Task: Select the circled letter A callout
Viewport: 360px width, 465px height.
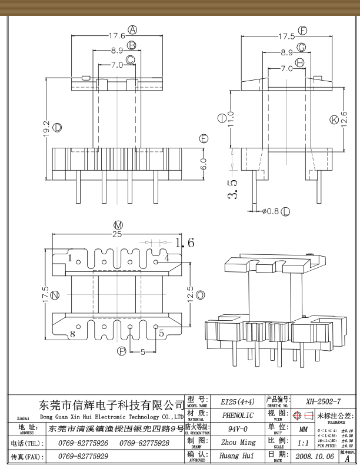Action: click(132, 29)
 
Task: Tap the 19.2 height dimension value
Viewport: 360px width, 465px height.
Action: click(45, 129)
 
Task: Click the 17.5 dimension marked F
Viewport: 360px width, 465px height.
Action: click(287, 36)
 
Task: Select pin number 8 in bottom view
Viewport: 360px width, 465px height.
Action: click(73, 334)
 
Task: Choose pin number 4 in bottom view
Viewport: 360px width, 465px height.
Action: click(167, 258)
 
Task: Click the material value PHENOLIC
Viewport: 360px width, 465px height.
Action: click(238, 415)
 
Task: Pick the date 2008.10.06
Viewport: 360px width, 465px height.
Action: click(315, 456)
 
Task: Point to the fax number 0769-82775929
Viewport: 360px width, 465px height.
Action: click(83, 456)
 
